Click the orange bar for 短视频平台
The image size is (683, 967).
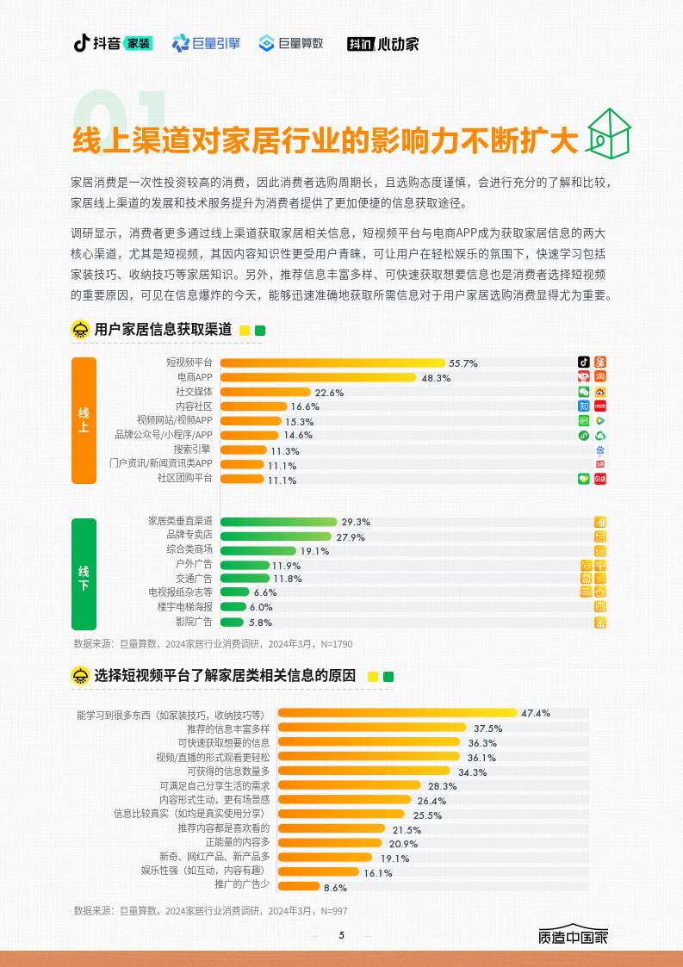[x=332, y=363]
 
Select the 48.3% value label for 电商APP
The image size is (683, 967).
[x=436, y=378]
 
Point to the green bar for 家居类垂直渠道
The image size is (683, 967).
[x=278, y=522]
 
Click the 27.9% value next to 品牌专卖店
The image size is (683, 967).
[x=351, y=537]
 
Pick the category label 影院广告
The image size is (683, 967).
[x=194, y=622]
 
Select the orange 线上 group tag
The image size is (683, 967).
[x=84, y=420]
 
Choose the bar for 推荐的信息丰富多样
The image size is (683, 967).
[x=371, y=728]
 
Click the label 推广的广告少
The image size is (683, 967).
[x=242, y=885]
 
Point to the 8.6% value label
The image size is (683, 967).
[x=335, y=888]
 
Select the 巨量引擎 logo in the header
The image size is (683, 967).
[x=206, y=43]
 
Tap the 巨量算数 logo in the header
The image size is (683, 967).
[x=291, y=43]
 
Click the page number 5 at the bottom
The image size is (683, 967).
[x=342, y=936]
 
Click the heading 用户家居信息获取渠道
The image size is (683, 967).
[x=163, y=330]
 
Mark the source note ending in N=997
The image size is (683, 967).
[x=211, y=910]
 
